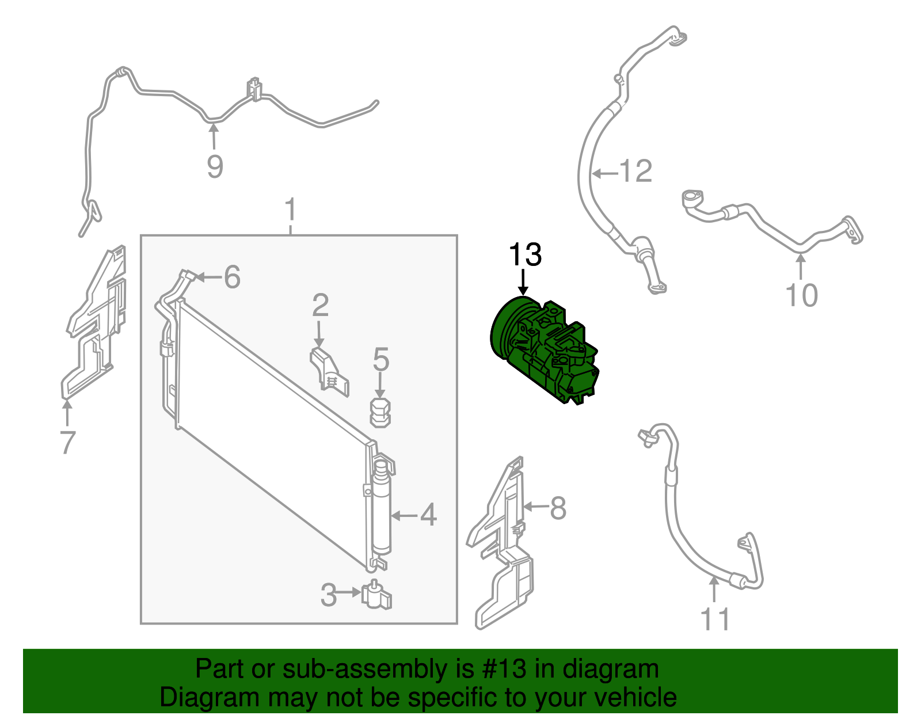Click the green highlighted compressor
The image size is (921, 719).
point(544,351)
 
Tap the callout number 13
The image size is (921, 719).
point(525,254)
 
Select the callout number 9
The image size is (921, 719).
point(215,166)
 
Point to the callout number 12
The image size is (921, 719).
point(635,171)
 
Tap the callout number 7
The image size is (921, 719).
point(68,442)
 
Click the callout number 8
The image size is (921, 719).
point(558,508)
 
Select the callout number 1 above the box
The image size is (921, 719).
point(290,209)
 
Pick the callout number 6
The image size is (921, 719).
point(232,277)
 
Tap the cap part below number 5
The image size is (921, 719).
point(380,412)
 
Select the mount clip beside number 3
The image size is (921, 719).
point(376,595)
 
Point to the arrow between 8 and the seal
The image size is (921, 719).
point(537,507)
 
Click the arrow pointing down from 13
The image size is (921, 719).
point(523,282)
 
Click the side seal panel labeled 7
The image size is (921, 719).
point(94,322)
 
